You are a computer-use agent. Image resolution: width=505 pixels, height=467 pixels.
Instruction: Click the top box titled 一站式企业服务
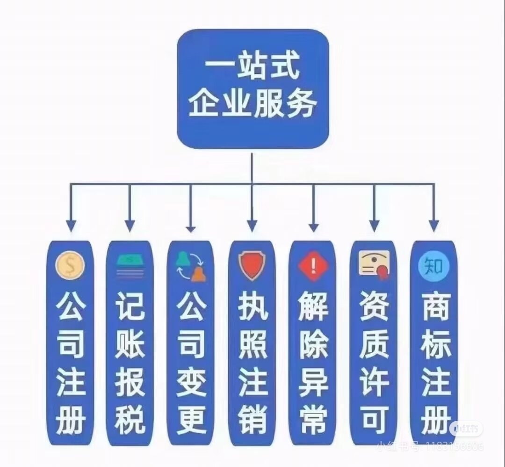pos(253,88)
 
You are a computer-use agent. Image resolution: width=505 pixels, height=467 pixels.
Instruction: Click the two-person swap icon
pos(190,266)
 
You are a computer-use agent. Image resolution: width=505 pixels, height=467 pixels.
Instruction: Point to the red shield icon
pos(252,266)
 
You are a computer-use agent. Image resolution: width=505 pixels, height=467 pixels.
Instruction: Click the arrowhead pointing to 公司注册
pos(71,226)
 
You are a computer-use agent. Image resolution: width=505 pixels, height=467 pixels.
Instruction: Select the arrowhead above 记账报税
pos(130,226)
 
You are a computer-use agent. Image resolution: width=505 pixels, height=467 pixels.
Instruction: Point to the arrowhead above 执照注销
pos(252,226)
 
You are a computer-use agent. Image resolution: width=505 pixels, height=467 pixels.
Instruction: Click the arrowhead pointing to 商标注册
pos(434,226)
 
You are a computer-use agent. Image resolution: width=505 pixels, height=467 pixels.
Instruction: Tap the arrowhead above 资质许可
pos(374,226)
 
